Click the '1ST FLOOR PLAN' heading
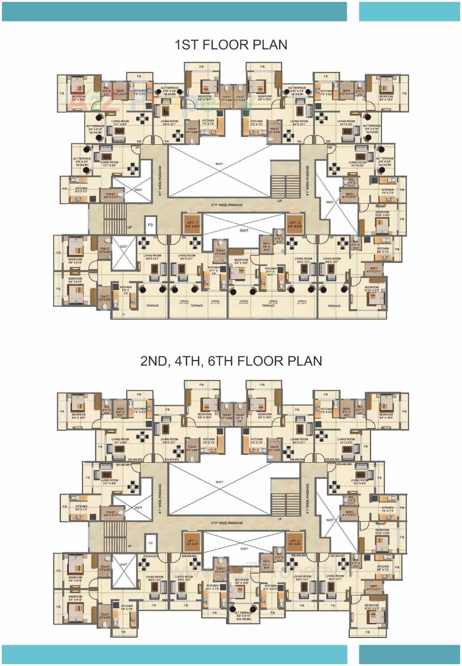click(231, 45)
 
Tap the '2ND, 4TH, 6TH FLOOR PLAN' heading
click(231, 360)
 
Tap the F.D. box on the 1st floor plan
click(151, 225)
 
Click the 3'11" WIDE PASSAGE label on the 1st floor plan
click(227, 205)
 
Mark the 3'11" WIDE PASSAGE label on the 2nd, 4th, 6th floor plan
click(227, 523)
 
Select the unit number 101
click(137, 147)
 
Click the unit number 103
click(167, 141)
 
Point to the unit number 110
click(155, 237)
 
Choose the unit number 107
click(331, 237)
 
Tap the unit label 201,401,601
click(123, 465)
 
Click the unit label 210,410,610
click(151, 556)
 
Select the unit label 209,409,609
click(189, 556)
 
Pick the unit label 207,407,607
click(337, 556)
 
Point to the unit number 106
click(329, 147)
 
